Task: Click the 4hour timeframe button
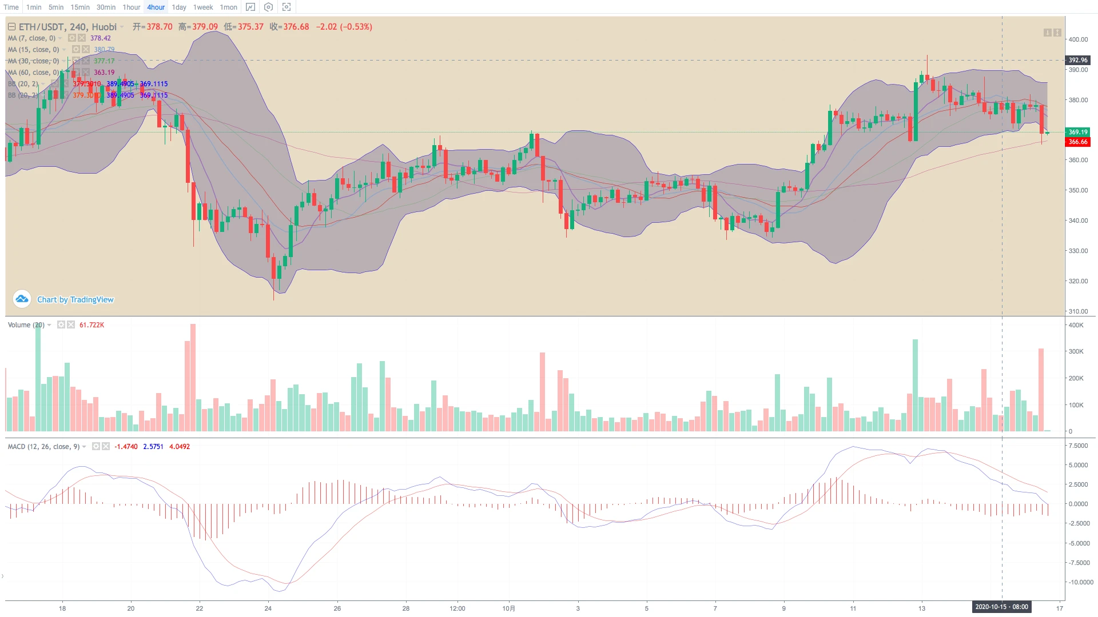point(156,7)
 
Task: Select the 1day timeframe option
point(179,7)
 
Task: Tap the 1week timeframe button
point(203,7)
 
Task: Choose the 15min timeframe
point(80,7)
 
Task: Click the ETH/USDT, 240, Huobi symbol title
point(67,27)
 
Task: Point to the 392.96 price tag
point(1078,60)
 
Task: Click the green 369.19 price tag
point(1078,132)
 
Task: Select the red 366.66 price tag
point(1078,142)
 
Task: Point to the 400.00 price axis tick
point(1078,39)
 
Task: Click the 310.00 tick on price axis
point(1078,311)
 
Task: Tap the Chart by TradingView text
point(75,299)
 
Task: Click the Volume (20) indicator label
point(26,325)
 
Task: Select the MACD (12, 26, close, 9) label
point(43,447)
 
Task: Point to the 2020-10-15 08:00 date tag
point(1001,607)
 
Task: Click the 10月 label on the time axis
point(509,608)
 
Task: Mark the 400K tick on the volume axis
point(1076,325)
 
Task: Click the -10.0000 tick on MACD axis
point(1080,582)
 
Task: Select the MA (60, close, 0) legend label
point(33,73)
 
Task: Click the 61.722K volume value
point(91,325)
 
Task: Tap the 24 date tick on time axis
point(268,608)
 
